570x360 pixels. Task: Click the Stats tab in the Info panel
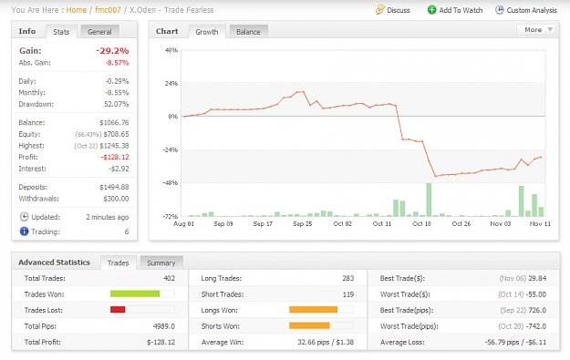tap(61, 32)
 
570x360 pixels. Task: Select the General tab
tap(99, 32)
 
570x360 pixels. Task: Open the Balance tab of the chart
tap(248, 32)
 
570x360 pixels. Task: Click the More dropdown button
tap(536, 30)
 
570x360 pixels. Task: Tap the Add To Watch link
tap(455, 10)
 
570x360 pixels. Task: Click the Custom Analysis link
tap(526, 10)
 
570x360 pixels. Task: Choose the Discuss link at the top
tap(393, 10)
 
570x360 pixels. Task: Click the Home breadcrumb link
tap(77, 10)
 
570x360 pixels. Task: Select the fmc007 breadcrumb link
tap(108, 10)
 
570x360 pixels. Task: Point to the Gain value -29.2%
tap(112, 51)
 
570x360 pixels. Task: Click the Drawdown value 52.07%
tap(117, 104)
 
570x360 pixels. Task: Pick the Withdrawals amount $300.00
tap(116, 199)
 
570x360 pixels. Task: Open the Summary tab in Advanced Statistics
tap(161, 263)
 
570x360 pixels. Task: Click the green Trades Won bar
tap(135, 293)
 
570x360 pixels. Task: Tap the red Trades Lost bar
tap(118, 310)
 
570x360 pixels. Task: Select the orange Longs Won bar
tap(314, 310)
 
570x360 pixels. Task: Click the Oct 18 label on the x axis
tap(421, 224)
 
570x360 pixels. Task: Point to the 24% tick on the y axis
tap(171, 84)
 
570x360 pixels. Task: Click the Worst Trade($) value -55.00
tap(535, 294)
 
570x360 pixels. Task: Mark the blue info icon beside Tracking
tap(24, 231)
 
